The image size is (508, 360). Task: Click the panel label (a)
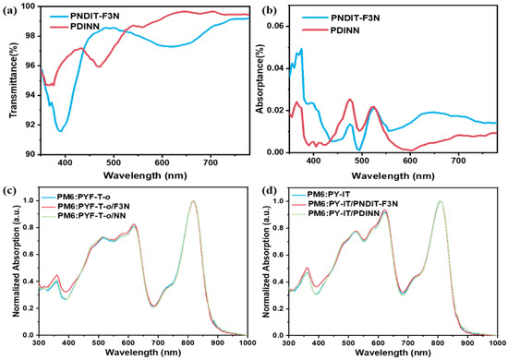8,11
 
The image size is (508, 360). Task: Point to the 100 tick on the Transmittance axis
29,6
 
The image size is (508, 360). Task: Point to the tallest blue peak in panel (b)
301,49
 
